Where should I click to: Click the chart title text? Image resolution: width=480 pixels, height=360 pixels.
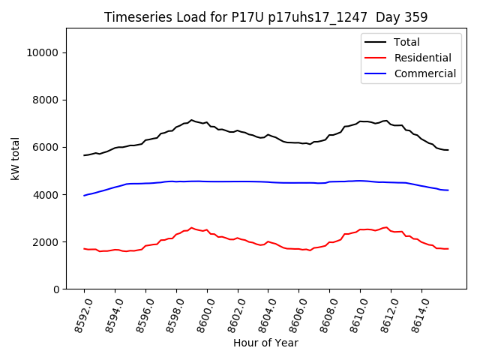(x=265, y=17)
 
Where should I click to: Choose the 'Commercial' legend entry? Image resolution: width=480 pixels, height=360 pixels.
(x=424, y=73)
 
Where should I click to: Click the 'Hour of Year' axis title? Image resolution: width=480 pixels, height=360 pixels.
(x=265, y=343)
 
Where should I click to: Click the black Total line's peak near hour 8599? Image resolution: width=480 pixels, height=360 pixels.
(x=191, y=120)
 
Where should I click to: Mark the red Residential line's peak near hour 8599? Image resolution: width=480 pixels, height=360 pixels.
(x=191, y=228)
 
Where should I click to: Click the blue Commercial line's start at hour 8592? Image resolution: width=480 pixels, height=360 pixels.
(x=84, y=195)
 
